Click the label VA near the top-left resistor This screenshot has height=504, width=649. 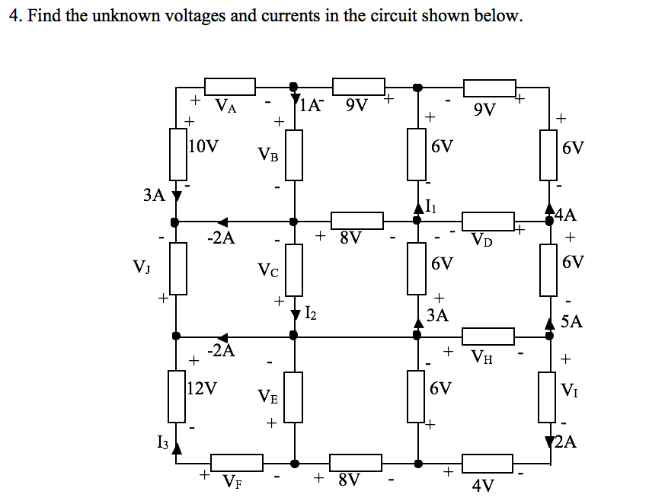[226, 107]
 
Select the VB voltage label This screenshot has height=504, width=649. [267, 155]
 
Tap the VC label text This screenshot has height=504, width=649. [267, 270]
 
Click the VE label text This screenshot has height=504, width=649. [267, 396]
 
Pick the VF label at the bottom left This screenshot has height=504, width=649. [233, 482]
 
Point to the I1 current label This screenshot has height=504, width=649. [431, 204]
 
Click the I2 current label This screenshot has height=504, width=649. [310, 311]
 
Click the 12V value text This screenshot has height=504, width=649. [203, 388]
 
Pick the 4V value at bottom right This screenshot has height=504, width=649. [483, 485]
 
